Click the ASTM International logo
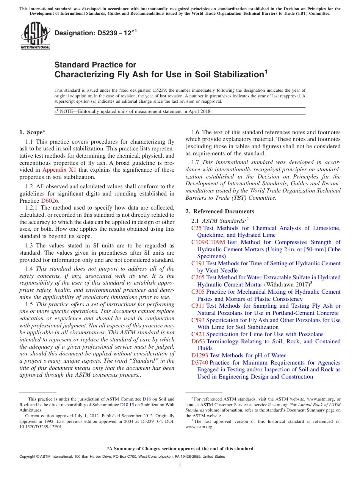click(35, 36)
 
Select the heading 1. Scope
click(32, 132)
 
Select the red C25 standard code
click(196, 228)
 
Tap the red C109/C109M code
click(208, 242)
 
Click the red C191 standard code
click(198, 263)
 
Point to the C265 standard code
click(198, 277)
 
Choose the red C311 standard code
click(198, 306)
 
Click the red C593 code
click(198, 320)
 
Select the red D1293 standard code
click(200, 355)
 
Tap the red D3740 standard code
click(200, 363)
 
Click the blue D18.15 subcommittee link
click(127, 405)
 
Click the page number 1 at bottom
click(180, 466)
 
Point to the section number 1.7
click(195, 163)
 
